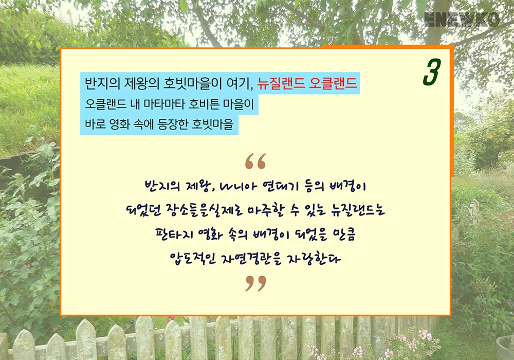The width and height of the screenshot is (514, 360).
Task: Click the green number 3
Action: tap(432, 72)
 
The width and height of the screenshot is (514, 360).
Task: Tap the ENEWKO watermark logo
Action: tap(462, 20)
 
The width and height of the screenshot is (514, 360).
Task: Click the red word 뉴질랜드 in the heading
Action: tap(281, 83)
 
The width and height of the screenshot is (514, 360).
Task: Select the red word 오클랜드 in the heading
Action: tap(333, 83)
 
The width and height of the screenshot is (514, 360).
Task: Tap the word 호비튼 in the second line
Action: tap(204, 104)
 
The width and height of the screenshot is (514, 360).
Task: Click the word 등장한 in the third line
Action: tap(173, 124)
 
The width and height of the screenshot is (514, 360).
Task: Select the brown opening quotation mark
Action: tap(255, 161)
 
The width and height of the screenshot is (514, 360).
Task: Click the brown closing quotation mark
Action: tap(255, 283)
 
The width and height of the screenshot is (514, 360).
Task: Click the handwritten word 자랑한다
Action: tap(314, 259)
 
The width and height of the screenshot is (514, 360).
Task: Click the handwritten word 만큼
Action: tap(344, 234)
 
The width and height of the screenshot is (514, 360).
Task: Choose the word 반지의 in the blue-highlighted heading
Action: tap(103, 83)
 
